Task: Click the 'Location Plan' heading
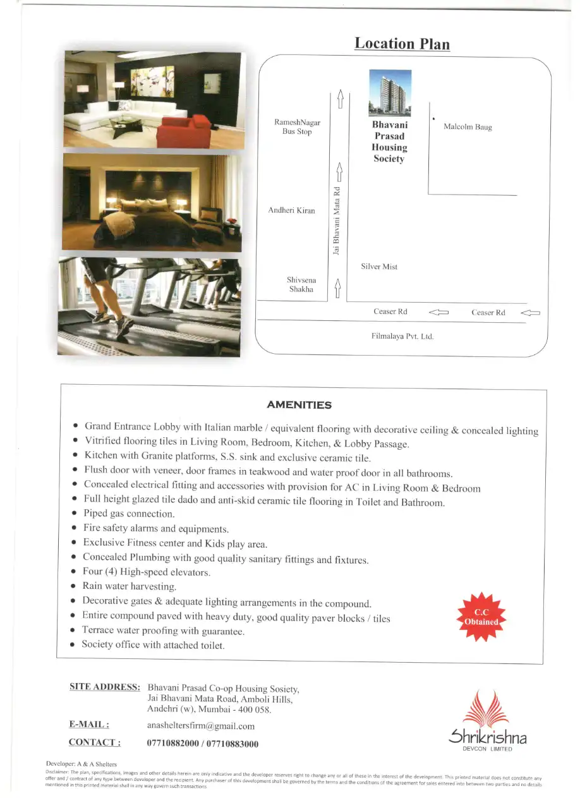pyautogui.click(x=402, y=44)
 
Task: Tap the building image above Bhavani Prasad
pyautogui.click(x=390, y=92)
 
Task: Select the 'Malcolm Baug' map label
pyautogui.click(x=468, y=127)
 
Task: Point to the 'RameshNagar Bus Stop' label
pyautogui.click(x=297, y=127)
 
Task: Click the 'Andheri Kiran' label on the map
pyautogui.click(x=291, y=210)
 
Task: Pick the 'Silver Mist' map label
pyautogui.click(x=379, y=267)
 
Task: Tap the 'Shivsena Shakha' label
pyautogui.click(x=301, y=284)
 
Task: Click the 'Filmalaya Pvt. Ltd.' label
pyautogui.click(x=402, y=337)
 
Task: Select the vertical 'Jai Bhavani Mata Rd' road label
pyautogui.click(x=337, y=221)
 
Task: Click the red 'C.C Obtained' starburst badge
pyautogui.click(x=481, y=617)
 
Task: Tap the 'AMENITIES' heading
pyautogui.click(x=299, y=405)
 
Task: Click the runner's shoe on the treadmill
pyautogui.click(x=123, y=326)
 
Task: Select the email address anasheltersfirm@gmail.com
pyautogui.click(x=200, y=726)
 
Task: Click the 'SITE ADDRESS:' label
pyautogui.click(x=104, y=687)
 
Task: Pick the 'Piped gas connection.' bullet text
pyautogui.click(x=129, y=514)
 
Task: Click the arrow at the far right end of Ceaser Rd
pyautogui.click(x=530, y=312)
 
